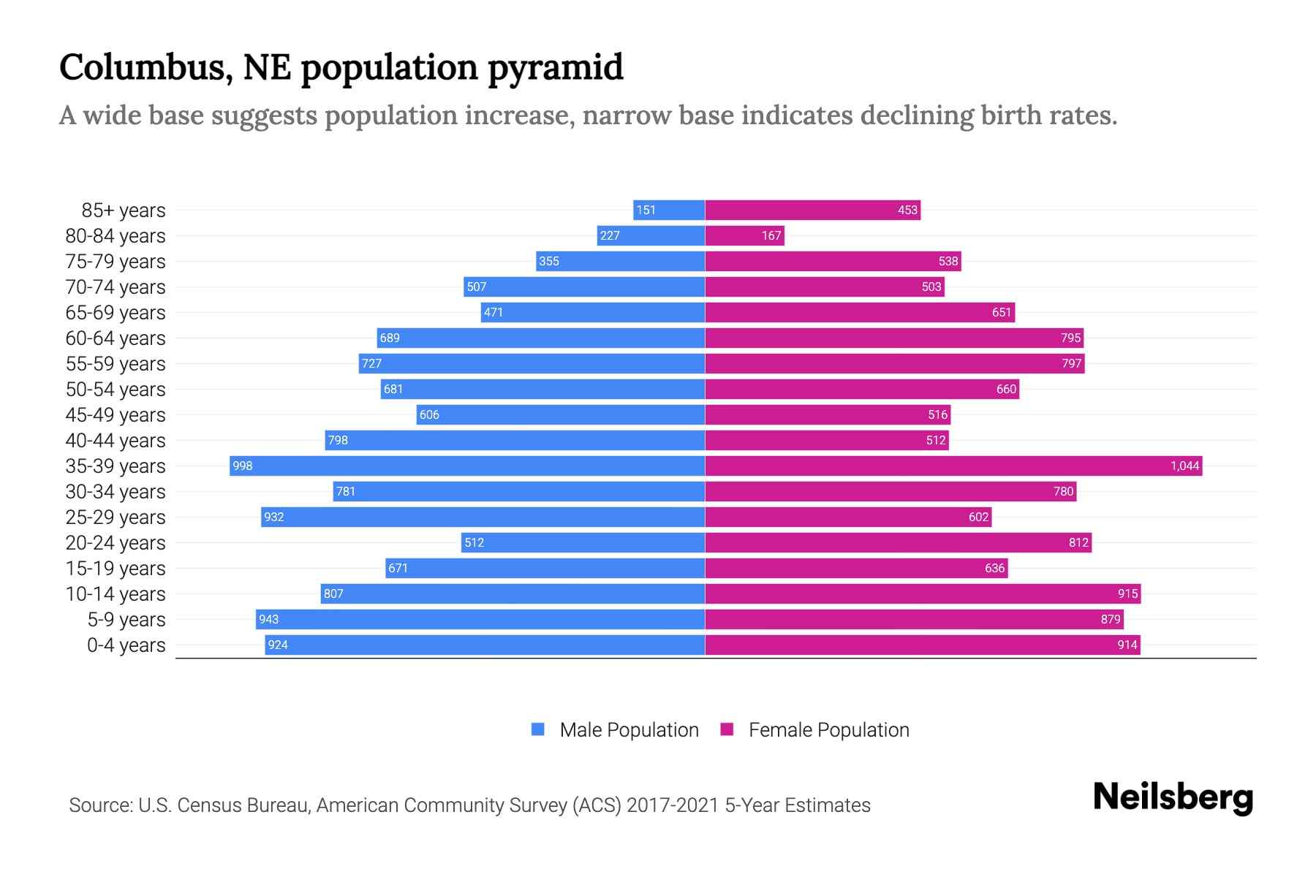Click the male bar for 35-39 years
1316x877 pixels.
pos(468,466)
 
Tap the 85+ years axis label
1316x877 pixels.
pos(124,210)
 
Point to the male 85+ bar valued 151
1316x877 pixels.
pos(668,210)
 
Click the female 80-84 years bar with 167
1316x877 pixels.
pos(744,236)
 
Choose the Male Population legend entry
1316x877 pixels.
pos(615,729)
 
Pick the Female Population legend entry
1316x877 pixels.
pos(815,729)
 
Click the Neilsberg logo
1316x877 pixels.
pos(1173,797)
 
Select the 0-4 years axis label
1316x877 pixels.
pos(126,645)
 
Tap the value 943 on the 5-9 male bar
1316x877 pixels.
pos(268,620)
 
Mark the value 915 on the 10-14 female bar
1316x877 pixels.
pos(1127,594)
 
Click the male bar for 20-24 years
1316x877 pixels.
pos(583,542)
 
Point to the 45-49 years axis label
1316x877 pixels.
pos(116,415)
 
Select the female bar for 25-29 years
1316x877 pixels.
pos(848,517)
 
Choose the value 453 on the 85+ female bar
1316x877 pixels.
pos(907,210)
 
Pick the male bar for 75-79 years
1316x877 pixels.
pos(620,262)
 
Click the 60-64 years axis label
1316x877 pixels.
pos(116,338)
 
